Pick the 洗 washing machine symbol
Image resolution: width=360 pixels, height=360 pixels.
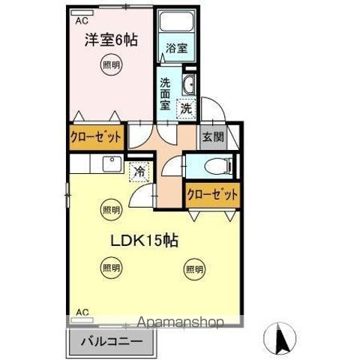(x=186, y=109)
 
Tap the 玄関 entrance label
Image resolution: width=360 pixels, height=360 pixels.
(x=210, y=136)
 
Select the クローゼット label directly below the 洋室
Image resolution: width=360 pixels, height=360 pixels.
(x=95, y=138)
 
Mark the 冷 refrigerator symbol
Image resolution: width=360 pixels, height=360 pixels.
(x=139, y=172)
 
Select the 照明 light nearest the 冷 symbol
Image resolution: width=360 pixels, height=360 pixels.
(x=110, y=209)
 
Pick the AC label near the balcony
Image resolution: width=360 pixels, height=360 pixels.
(x=82, y=311)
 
